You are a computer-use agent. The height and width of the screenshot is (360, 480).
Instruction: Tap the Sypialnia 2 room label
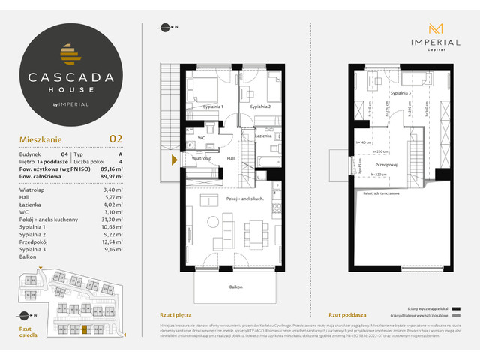point(260,107)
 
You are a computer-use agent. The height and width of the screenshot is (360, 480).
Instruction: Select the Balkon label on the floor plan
point(236,286)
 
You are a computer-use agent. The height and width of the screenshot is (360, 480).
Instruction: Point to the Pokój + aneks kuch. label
point(243,198)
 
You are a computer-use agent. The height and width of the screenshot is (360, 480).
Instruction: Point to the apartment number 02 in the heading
point(115,138)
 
